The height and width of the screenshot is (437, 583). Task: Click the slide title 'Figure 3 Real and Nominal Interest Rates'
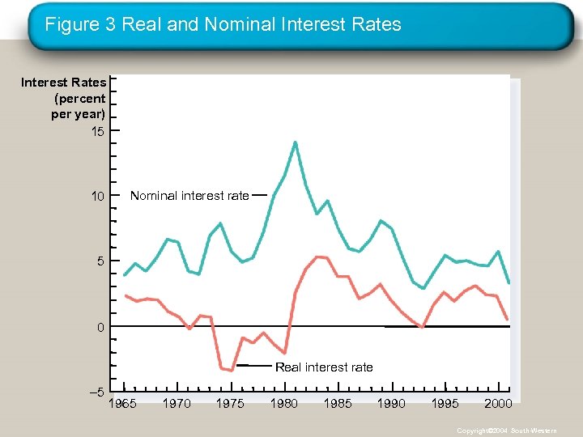(x=223, y=24)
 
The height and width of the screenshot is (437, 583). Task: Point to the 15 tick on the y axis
(x=98, y=131)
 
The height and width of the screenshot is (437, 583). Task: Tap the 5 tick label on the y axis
(x=99, y=261)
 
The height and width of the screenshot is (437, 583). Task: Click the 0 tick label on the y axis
(x=100, y=327)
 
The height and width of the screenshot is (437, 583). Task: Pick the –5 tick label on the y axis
(x=96, y=392)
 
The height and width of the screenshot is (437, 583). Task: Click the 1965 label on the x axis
(x=123, y=403)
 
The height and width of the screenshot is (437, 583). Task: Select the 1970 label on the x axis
(x=177, y=403)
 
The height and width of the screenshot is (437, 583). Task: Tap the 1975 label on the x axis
(x=230, y=403)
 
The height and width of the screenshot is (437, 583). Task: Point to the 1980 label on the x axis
(x=283, y=403)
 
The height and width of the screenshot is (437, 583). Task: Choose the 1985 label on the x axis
(x=338, y=403)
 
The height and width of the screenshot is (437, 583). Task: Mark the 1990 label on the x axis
(x=391, y=403)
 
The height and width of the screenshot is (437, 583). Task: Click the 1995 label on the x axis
(x=445, y=403)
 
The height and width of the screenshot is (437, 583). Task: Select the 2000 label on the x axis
(x=498, y=403)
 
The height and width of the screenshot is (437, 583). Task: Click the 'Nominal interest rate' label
(x=189, y=196)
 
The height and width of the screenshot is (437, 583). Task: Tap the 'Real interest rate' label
(x=324, y=367)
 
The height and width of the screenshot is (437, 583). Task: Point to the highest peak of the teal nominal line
(x=295, y=142)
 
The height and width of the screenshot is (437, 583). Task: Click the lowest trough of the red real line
(x=232, y=371)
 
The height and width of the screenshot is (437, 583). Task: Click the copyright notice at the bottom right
(x=506, y=431)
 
